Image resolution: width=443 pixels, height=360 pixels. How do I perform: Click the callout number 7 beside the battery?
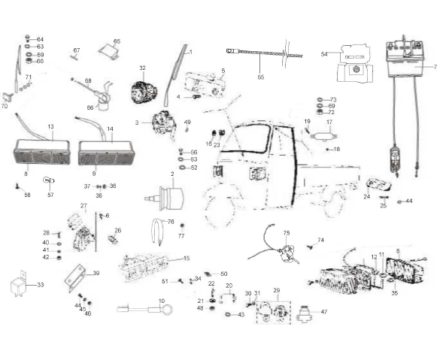(435, 67)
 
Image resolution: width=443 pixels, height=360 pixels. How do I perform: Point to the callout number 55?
(261, 77)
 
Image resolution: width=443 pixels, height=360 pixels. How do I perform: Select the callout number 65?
(117, 41)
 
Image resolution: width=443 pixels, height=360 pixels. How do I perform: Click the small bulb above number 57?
(48, 180)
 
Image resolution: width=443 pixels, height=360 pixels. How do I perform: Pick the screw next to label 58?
(17, 186)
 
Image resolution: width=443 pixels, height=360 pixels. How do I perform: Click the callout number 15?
(187, 259)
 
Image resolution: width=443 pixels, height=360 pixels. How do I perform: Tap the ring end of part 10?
(167, 309)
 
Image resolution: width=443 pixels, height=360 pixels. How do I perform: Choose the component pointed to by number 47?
(304, 314)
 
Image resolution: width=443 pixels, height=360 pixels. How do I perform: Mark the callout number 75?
(287, 233)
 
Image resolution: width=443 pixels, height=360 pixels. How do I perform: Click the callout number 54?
(324, 54)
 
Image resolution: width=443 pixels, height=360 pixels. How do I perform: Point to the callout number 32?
(142, 68)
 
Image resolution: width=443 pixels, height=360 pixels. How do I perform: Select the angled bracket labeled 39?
(74, 279)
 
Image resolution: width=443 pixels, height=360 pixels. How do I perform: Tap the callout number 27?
(83, 205)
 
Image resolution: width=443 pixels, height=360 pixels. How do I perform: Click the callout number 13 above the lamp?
(50, 126)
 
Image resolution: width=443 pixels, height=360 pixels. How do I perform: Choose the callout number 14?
(110, 129)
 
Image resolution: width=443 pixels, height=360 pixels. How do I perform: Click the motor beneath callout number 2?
(165, 198)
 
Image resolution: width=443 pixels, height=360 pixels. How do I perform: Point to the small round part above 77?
(182, 226)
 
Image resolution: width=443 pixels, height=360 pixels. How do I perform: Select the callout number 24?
(367, 196)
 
